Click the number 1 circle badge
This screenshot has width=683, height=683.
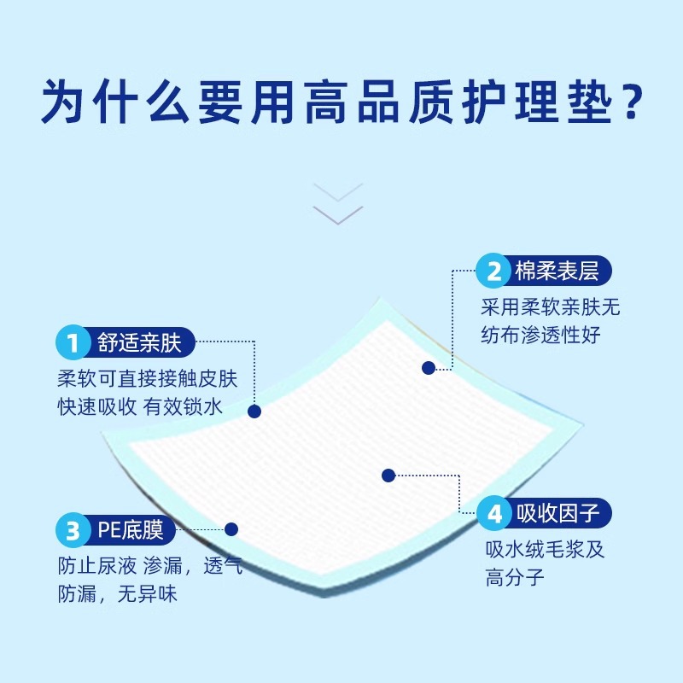(x=73, y=343)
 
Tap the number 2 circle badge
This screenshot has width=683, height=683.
(x=494, y=271)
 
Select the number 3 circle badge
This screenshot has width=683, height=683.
(x=73, y=530)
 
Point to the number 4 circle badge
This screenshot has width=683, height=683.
(x=494, y=514)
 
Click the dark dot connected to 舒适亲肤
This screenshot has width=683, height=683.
(x=254, y=411)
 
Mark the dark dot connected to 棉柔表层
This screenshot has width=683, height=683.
(x=429, y=368)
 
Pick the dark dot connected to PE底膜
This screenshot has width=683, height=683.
(x=231, y=529)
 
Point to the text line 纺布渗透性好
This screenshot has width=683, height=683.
(x=540, y=335)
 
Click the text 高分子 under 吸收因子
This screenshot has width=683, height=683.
(x=515, y=578)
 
